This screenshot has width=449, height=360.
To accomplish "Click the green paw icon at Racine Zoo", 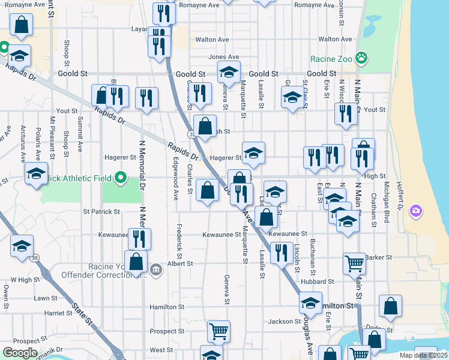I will (361, 58).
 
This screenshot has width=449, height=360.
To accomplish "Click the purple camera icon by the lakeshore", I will (415, 211).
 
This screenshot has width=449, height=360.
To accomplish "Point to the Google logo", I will (20, 353).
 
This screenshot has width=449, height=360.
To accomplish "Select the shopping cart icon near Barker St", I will (355, 263).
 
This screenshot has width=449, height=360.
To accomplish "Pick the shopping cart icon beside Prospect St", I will (218, 330).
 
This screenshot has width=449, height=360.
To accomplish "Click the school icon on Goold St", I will (229, 73).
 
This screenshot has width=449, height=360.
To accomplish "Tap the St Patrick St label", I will (101, 212).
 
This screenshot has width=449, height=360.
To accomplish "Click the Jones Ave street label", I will (224, 58).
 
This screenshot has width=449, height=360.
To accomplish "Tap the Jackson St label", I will (280, 322).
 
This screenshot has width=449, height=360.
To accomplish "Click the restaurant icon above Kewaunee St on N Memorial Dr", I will (139, 239).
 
